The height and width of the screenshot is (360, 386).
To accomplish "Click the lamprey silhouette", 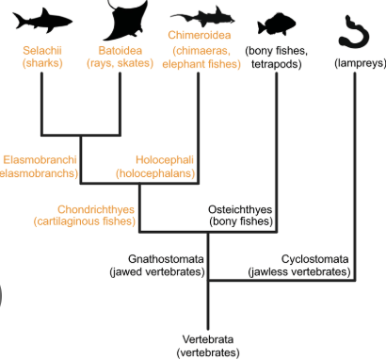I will click(356, 28).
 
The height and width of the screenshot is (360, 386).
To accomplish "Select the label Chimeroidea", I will click(200, 37).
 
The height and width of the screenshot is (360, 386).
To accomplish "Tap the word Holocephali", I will click(164, 160).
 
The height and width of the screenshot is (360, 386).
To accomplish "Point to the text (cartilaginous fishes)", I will click(83, 222).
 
